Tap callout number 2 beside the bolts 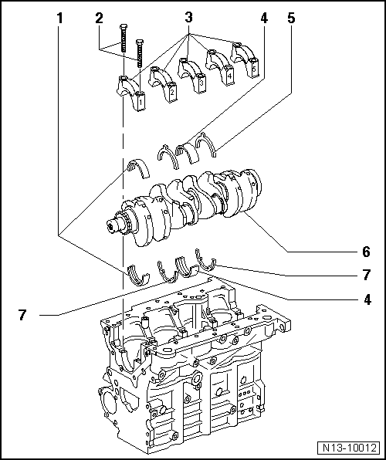click(x=99, y=16)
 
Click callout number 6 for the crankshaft click(x=365, y=251)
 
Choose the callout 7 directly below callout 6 click(x=365, y=274)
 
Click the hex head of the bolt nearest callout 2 click(x=124, y=30)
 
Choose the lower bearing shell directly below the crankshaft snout click(x=137, y=272)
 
